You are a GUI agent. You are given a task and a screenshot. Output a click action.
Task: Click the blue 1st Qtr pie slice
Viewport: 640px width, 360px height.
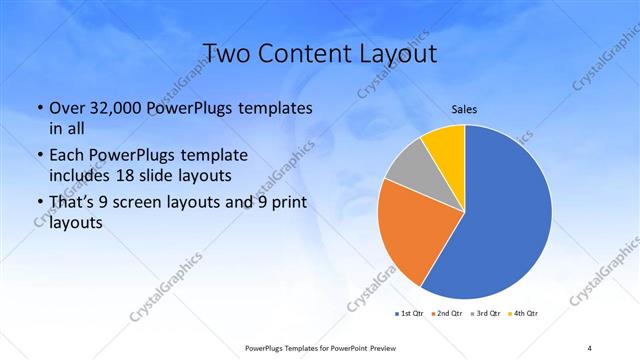[505, 215]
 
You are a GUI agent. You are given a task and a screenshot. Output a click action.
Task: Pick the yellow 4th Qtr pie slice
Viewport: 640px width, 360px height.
[444, 148]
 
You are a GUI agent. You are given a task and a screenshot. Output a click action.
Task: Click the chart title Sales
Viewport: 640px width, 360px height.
[463, 109]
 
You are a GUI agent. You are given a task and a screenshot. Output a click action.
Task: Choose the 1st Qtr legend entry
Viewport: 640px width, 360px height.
[410, 313]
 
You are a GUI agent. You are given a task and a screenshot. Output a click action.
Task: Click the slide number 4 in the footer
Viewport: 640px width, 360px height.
[589, 347]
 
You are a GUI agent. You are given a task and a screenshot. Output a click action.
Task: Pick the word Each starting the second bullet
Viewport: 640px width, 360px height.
[67, 155]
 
